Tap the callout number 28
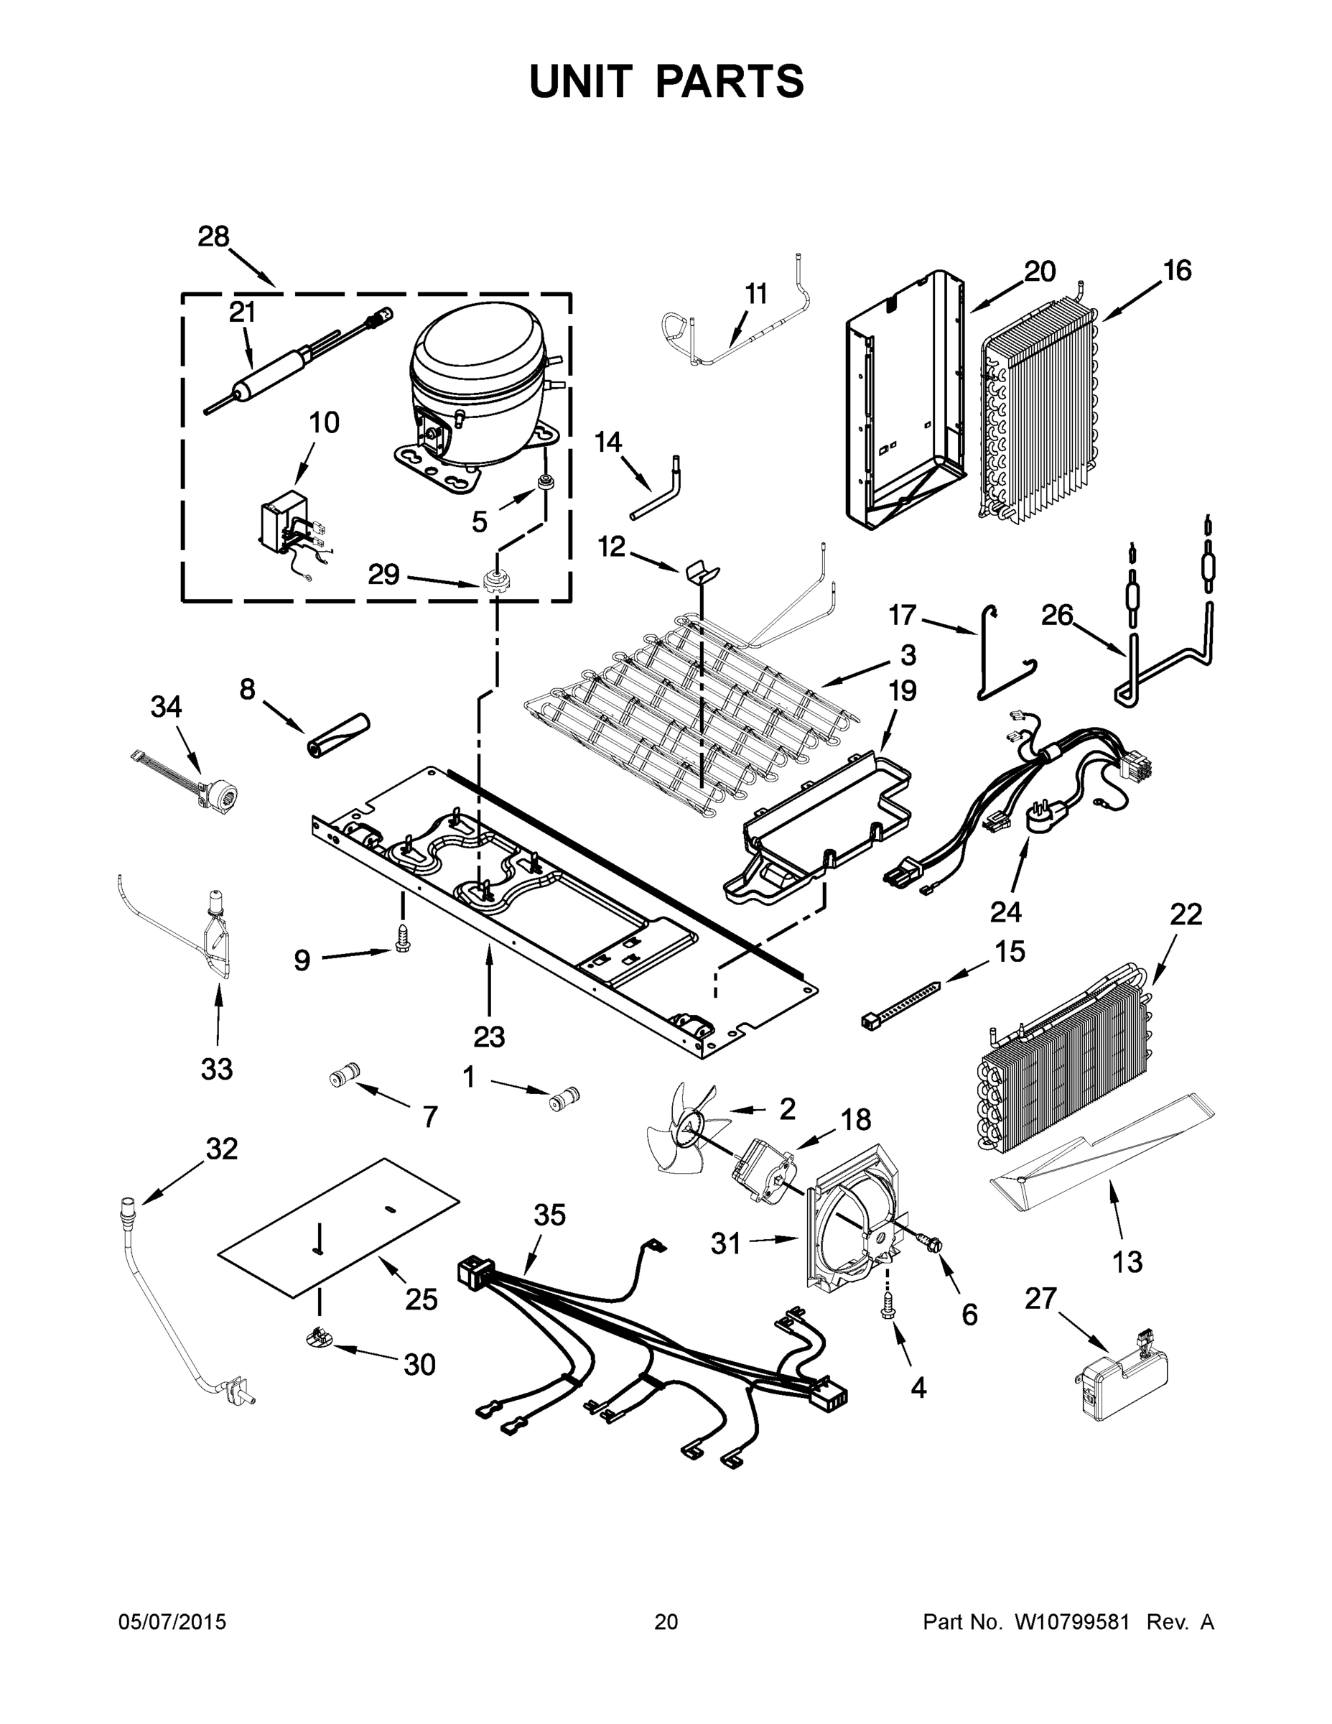point(213,236)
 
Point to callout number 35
point(549,1215)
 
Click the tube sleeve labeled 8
point(338,735)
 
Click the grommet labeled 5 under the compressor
point(544,481)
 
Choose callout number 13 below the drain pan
point(1127,1261)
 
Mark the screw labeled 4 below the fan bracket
point(888,1312)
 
